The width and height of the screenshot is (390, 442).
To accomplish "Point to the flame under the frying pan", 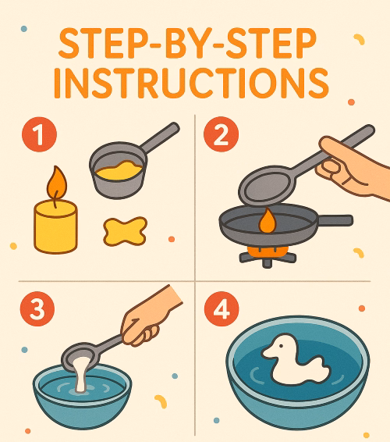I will click(268, 221).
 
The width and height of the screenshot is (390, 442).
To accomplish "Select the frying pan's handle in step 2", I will click(334, 221).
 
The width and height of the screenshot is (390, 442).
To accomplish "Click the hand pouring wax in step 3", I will click(152, 319).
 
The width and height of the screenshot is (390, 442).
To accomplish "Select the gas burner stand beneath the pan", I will click(268, 254).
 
